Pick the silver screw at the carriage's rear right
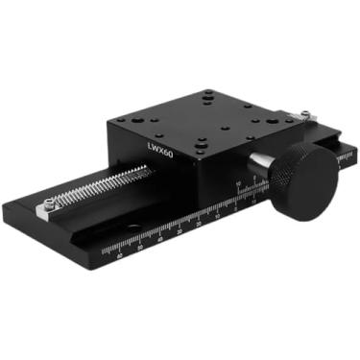pos(305,116)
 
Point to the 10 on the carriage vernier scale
pos(237,183)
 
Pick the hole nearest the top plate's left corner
pos(140,121)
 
